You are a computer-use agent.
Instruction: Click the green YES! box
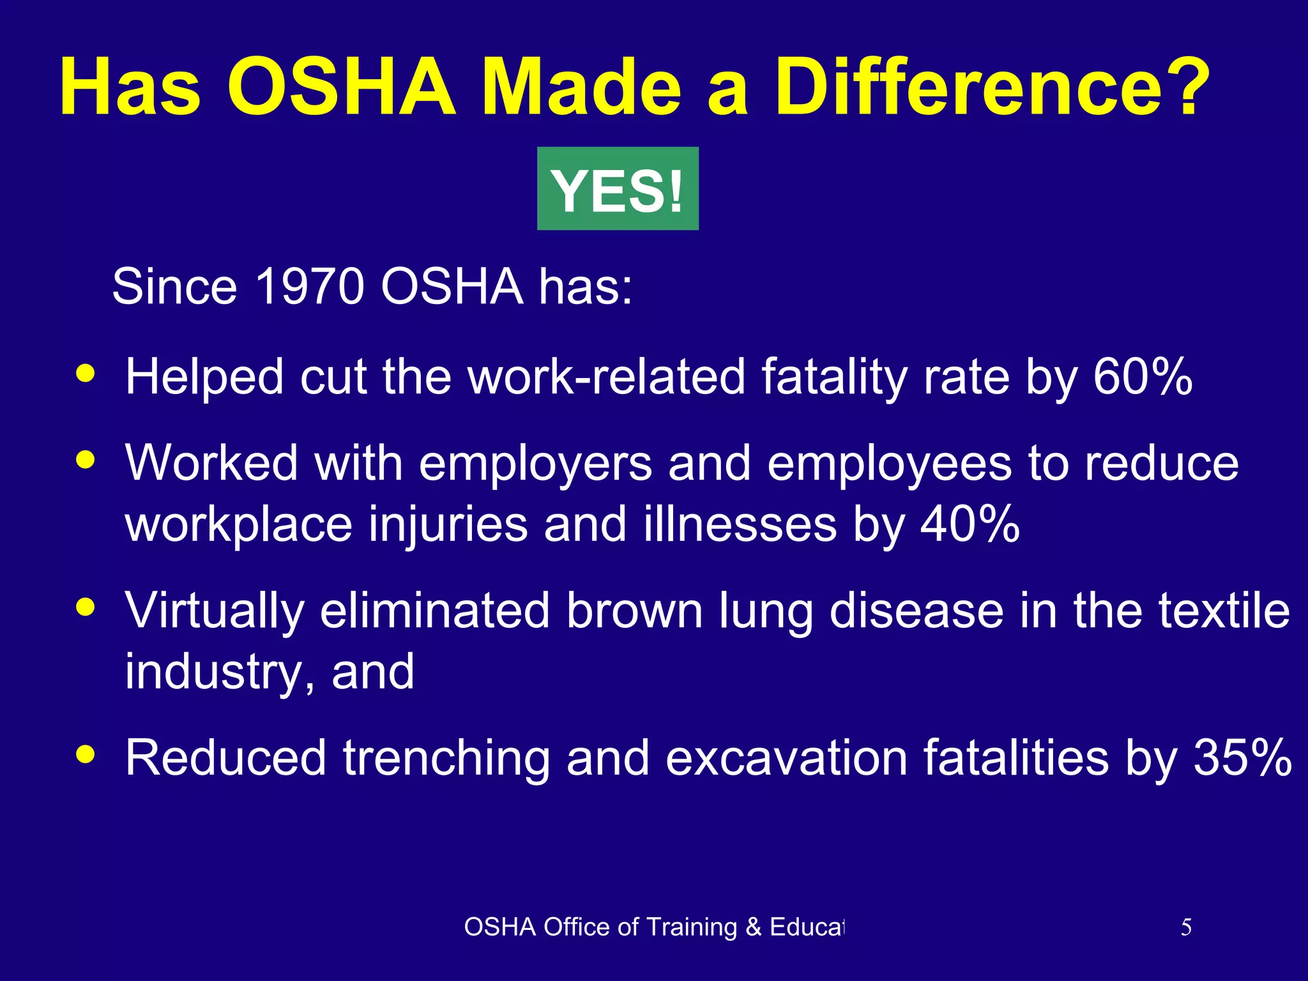pos(618,189)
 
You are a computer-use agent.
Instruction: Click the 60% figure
pos(1142,377)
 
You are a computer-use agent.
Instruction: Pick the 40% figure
pos(970,524)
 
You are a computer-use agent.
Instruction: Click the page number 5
pos(1185,927)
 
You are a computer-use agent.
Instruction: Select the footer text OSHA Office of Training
pos(654,927)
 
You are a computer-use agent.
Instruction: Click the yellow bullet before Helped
pos(85,373)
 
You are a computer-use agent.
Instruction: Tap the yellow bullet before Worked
pos(85,460)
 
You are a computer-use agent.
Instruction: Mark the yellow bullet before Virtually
pos(85,607)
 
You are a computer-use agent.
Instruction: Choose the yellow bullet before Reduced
pos(85,755)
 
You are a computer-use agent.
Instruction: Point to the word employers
pos(535,464)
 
